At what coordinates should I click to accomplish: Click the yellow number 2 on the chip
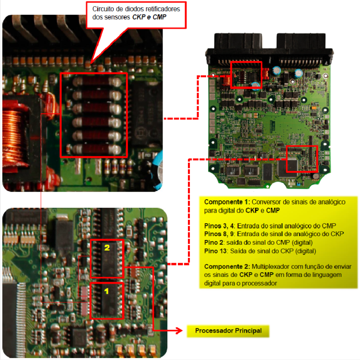107,248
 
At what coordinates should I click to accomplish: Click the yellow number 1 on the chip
106,291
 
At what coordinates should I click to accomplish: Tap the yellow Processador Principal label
228,331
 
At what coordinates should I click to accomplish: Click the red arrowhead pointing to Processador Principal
179,331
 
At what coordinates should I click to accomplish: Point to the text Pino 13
215,251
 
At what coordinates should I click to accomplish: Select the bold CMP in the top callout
159,17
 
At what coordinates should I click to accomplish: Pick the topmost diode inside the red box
97,82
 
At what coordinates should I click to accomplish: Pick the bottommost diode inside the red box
97,149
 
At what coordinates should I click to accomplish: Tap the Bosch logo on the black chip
140,132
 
